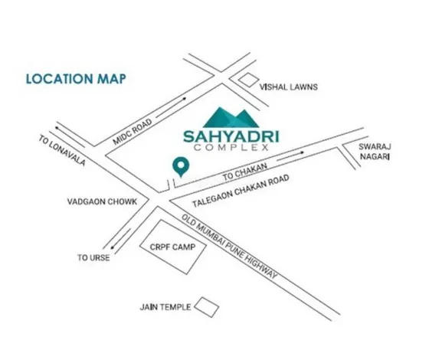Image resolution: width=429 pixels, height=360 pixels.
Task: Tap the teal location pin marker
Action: [179, 165]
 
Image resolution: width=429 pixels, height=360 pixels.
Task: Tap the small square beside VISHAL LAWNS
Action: [249, 80]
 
